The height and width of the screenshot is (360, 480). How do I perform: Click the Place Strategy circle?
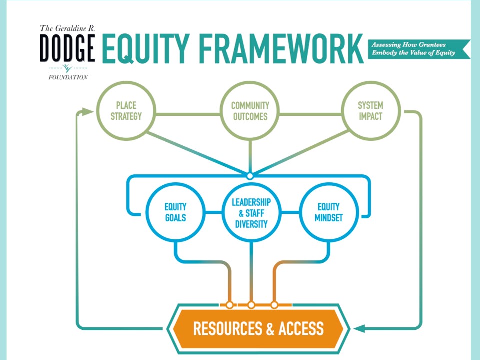(x=126, y=111)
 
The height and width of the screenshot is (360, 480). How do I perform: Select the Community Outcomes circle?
(x=250, y=111)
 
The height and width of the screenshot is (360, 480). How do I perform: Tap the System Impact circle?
(x=370, y=111)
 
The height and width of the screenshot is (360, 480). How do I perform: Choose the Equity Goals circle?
(x=175, y=212)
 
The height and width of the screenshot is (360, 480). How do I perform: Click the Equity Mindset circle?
(x=328, y=212)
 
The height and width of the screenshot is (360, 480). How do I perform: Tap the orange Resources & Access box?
(x=258, y=328)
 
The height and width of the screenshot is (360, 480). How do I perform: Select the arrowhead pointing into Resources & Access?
(x=359, y=328)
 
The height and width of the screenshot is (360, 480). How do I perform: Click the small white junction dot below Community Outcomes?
(x=250, y=176)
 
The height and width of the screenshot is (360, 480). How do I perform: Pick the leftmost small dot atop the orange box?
(x=229, y=304)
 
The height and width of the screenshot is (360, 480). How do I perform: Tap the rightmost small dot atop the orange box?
(x=274, y=304)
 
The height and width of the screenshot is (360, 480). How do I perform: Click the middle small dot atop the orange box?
(x=251, y=304)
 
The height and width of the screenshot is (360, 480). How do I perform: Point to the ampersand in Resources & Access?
(x=270, y=328)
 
